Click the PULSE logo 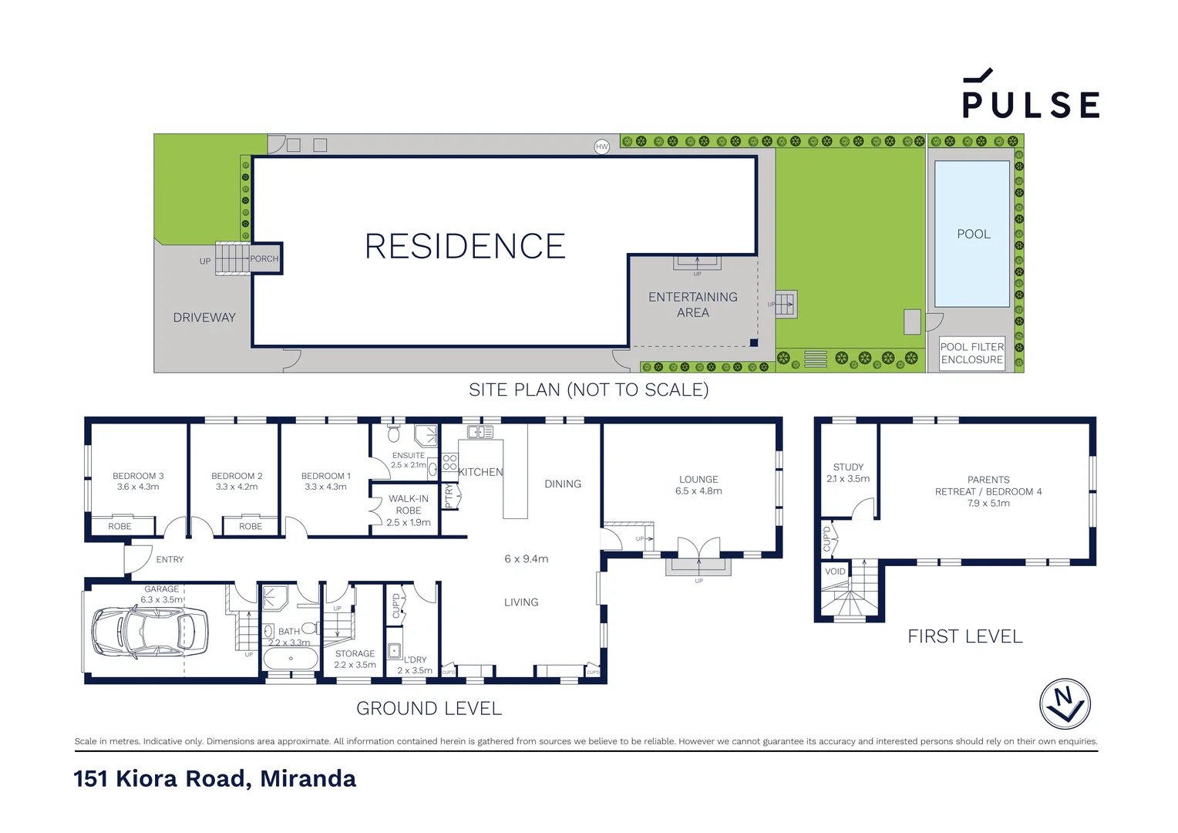(1030, 96)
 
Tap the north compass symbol (1065, 704)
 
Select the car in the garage (150, 632)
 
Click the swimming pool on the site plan (972, 234)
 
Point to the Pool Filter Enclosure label (971, 353)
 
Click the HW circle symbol (601, 147)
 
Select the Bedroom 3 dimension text (138, 487)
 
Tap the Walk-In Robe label (408, 504)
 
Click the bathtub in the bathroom (291, 659)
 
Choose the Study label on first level (848, 467)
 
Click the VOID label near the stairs (835, 572)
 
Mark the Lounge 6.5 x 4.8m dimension (698, 491)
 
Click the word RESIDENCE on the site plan (465, 247)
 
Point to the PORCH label (264, 259)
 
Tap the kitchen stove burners (449, 463)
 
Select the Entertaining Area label (692, 305)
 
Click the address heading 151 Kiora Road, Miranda (215, 778)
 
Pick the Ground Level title (429, 708)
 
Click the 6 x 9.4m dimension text (526, 558)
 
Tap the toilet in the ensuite (394, 432)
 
